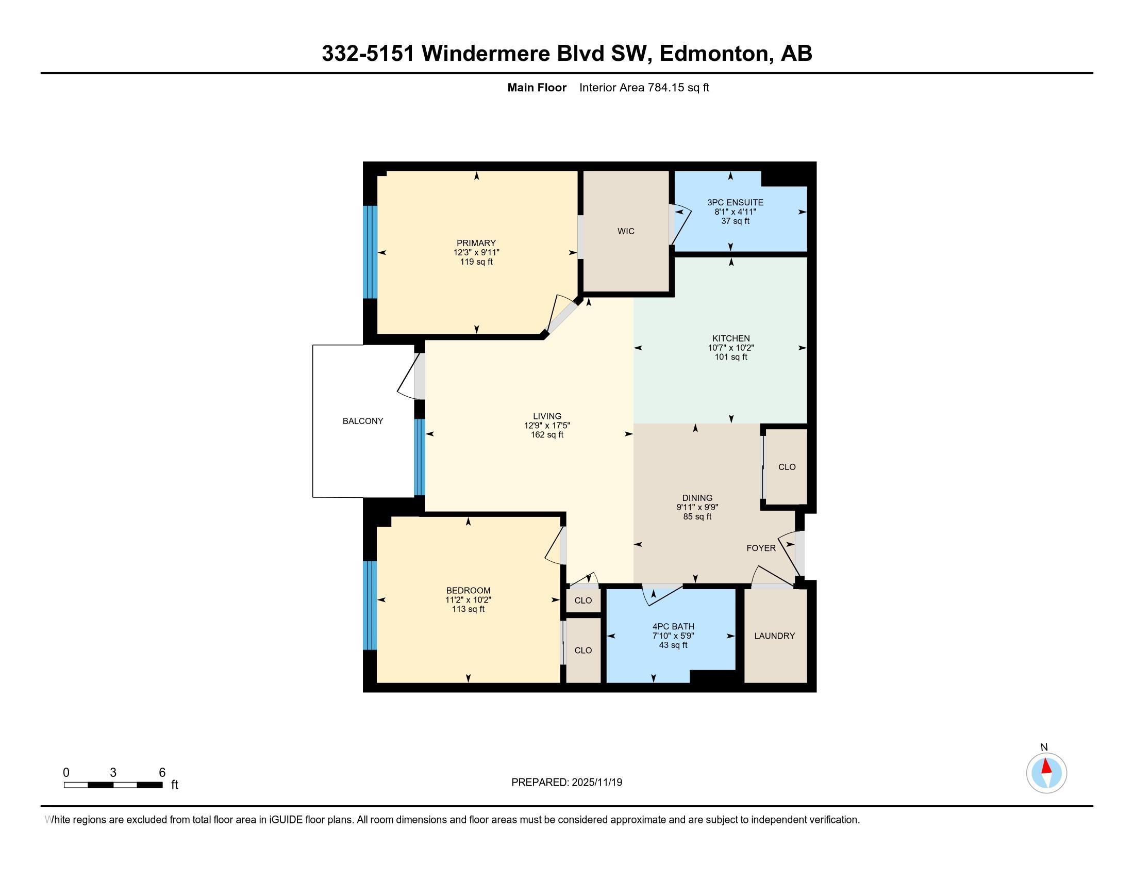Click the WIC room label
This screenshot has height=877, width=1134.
click(x=626, y=231)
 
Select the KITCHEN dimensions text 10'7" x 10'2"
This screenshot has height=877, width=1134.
click(x=730, y=348)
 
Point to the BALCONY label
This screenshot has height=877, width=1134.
click(x=362, y=421)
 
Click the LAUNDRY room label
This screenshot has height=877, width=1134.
click(x=774, y=636)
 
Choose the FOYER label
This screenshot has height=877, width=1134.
click(x=761, y=548)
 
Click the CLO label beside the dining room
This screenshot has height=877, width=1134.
click(x=787, y=467)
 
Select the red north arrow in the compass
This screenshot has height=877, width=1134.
click(x=1047, y=766)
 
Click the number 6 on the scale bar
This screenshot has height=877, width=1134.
click(x=162, y=773)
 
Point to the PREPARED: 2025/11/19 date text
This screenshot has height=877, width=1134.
click(x=566, y=783)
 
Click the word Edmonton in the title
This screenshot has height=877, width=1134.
click(x=713, y=54)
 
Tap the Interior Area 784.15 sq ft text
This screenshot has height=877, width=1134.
click(x=644, y=88)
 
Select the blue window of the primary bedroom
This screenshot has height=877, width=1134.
click(x=370, y=252)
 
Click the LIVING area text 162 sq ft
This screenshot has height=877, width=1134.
click(x=547, y=434)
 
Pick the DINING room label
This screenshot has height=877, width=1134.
click(x=697, y=498)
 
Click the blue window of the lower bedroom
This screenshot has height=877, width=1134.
click(x=370, y=605)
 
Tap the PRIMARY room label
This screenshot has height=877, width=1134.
click(x=476, y=243)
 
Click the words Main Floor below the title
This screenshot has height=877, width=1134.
click(x=537, y=88)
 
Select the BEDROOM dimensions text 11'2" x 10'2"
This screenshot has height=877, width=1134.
click(x=469, y=599)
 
